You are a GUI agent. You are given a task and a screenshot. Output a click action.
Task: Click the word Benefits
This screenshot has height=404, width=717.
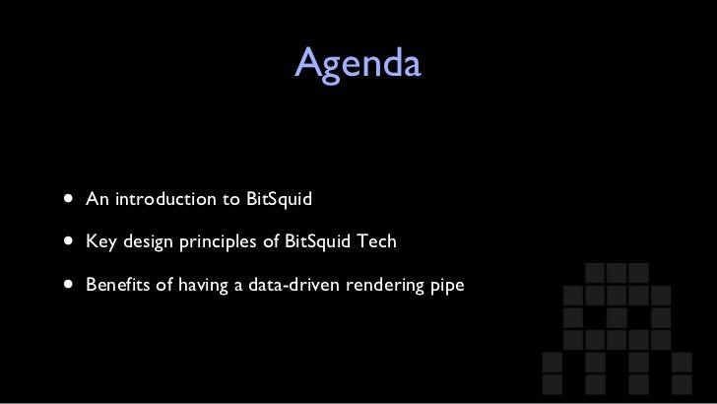point(116,285)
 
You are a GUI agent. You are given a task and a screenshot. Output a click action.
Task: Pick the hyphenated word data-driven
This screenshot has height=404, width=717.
point(289,285)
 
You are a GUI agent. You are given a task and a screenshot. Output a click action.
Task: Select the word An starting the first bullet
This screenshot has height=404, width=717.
point(97,200)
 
